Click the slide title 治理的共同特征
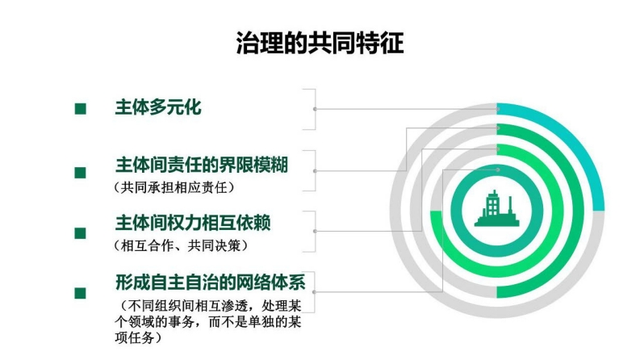(x=320, y=43)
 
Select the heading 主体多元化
(x=158, y=107)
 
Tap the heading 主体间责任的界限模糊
(x=202, y=165)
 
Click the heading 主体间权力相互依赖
(x=193, y=223)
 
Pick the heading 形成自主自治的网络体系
(x=210, y=282)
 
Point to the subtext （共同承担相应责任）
(x=174, y=187)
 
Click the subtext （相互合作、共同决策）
(x=181, y=245)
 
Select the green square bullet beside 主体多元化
(x=81, y=109)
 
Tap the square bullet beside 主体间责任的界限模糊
(x=81, y=173)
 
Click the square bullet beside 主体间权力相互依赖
(x=81, y=233)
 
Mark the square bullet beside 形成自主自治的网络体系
(x=81, y=293)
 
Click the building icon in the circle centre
(x=496, y=209)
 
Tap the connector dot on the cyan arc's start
(x=498, y=109)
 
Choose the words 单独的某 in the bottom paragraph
(x=269, y=322)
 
